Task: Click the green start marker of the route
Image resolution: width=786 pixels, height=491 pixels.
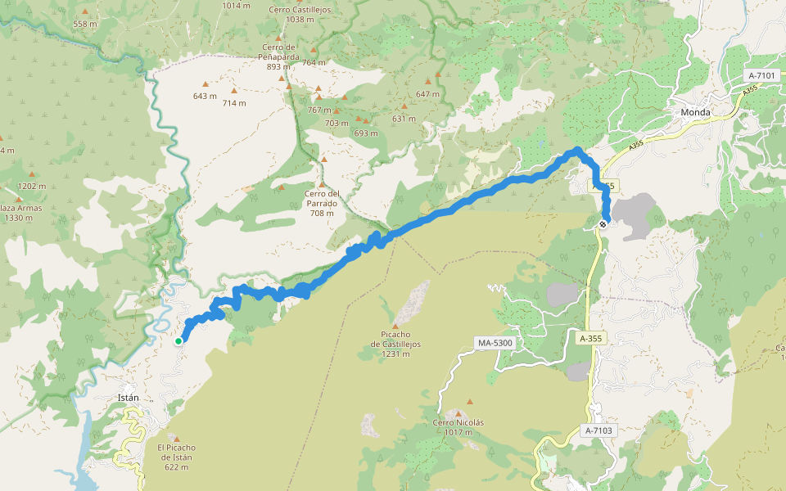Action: click(178, 340)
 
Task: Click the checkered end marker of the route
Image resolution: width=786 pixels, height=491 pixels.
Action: click(603, 223)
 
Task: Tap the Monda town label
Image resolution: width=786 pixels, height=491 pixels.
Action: click(695, 112)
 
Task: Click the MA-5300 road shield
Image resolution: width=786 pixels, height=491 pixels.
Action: click(493, 342)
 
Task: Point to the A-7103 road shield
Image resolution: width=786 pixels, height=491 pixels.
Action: click(599, 430)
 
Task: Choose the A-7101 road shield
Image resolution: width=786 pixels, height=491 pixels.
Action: click(761, 75)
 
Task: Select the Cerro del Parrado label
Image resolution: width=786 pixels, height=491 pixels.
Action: click(321, 203)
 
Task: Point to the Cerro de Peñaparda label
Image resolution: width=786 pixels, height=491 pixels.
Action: click(279, 56)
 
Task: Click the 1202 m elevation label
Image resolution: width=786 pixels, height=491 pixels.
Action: click(31, 186)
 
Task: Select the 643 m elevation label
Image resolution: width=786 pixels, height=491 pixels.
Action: click(205, 96)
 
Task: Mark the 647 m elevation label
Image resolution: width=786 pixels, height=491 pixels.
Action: click(427, 94)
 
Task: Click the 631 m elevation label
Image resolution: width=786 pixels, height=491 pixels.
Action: click(404, 119)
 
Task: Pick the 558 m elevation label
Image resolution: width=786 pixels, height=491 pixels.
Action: click(85, 24)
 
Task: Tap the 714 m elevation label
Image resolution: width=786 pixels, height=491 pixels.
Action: click(234, 103)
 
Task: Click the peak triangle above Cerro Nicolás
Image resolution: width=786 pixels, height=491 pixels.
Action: click(458, 412)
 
